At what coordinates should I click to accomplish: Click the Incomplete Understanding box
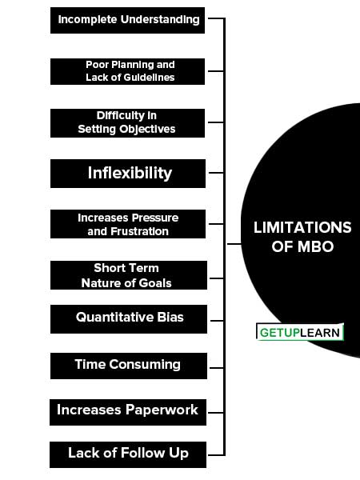point(127,20)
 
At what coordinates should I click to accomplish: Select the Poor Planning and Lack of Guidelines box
point(127,71)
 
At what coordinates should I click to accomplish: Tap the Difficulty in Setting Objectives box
point(127,123)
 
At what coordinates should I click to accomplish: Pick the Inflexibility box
point(128,174)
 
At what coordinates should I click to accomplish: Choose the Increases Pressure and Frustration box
point(128,224)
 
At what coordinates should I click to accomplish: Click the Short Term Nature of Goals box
point(129,275)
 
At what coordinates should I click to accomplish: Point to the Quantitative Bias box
point(129,319)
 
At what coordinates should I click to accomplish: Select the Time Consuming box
point(129,366)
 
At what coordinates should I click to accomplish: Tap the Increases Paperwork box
point(128,412)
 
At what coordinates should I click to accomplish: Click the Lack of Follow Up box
point(128,454)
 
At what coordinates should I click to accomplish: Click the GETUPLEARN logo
point(300,332)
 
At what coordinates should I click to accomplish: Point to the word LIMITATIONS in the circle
point(302,227)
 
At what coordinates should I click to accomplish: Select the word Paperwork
point(162,410)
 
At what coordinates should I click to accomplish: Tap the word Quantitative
point(114,317)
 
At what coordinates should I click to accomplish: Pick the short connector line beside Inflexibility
point(216,173)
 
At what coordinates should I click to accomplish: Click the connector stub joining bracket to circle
point(234,244)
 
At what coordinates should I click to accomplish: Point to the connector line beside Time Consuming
point(217,368)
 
